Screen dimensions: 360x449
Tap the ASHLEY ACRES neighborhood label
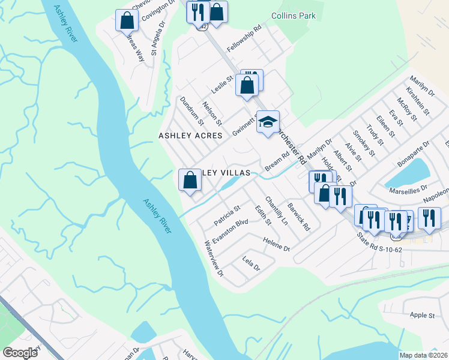190,136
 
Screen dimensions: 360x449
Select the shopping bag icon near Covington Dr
127,20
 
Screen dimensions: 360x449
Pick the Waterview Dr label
214,259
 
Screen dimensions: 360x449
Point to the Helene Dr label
276,244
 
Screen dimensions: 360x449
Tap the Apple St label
423,315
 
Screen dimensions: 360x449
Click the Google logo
20,353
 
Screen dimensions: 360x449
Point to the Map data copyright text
423,355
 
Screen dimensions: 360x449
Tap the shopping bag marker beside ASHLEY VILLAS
190,180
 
